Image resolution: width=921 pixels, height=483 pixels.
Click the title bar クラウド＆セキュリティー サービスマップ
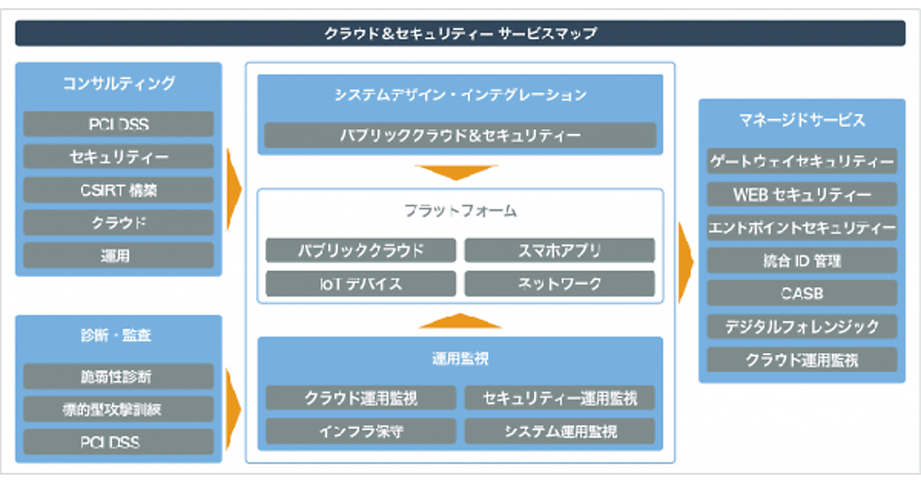pyautogui.click(x=460, y=34)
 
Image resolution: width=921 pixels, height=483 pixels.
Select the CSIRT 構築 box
pyautogui.click(x=118, y=189)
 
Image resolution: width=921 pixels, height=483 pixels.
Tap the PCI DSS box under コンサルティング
pyautogui.click(x=118, y=124)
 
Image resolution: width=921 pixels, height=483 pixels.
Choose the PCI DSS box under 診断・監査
pyautogui.click(x=118, y=442)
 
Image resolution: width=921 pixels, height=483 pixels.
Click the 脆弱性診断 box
pyautogui.click(x=118, y=376)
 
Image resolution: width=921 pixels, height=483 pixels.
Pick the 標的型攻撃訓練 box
pyautogui.click(x=118, y=409)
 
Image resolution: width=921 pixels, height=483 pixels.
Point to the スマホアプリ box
pyautogui.click(x=560, y=251)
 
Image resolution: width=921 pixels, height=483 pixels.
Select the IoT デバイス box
pyautogui.click(x=361, y=284)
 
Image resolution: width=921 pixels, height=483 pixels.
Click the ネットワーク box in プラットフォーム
pyautogui.click(x=560, y=284)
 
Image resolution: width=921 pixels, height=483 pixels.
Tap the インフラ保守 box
pyautogui.click(x=361, y=431)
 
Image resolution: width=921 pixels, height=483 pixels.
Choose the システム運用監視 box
pyautogui.click(x=560, y=431)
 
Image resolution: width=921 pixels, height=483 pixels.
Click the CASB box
pyautogui.click(x=801, y=294)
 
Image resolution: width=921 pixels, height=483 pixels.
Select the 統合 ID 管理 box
pyautogui.click(x=801, y=261)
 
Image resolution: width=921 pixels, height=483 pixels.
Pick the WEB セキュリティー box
pyautogui.click(x=801, y=195)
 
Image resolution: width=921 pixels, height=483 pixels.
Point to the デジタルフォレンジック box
pyautogui.click(x=801, y=327)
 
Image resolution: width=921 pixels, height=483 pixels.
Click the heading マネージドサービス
pyautogui.click(x=801, y=120)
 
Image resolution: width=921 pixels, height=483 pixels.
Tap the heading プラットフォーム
pyautogui.click(x=460, y=210)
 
